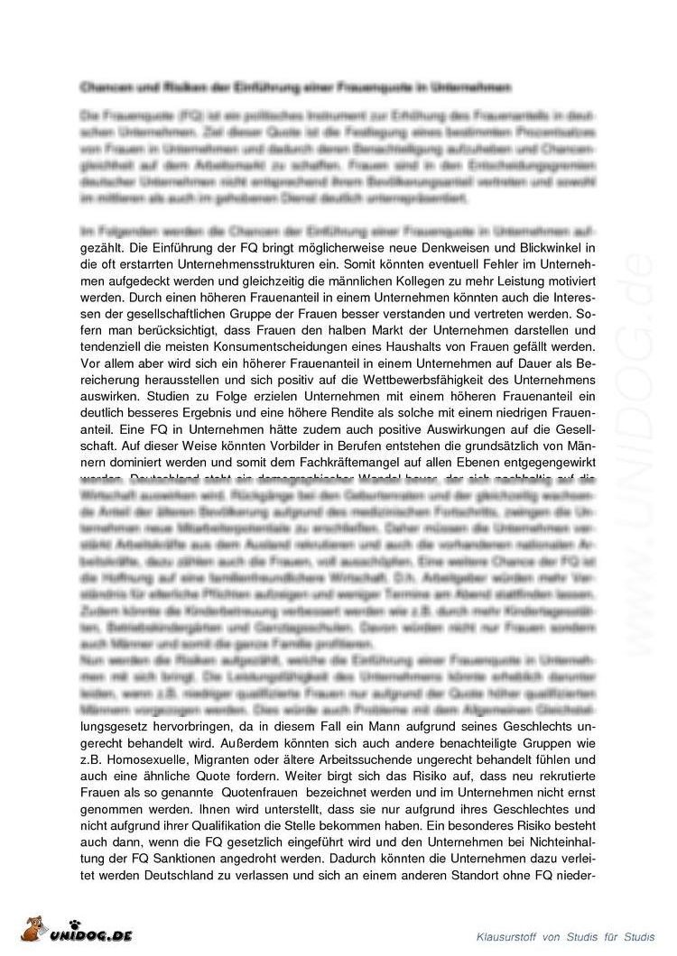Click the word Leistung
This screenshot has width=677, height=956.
516,280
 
